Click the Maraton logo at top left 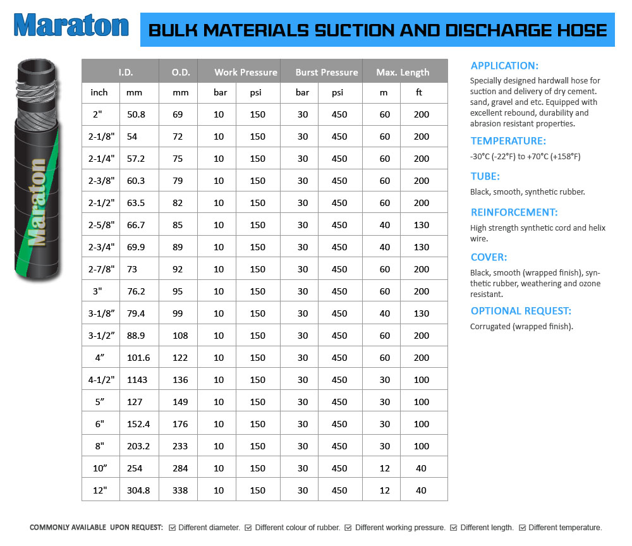71,25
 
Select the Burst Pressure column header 326,72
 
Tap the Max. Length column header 403,72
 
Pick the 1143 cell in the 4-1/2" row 138,380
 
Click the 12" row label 99,490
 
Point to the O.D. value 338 180,490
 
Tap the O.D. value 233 180,446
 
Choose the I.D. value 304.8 138,490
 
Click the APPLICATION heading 504,66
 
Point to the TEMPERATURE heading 508,141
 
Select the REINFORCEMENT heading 514,212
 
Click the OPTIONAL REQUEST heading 521,311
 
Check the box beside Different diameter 173,528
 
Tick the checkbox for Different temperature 522,528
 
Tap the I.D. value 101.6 138,358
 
